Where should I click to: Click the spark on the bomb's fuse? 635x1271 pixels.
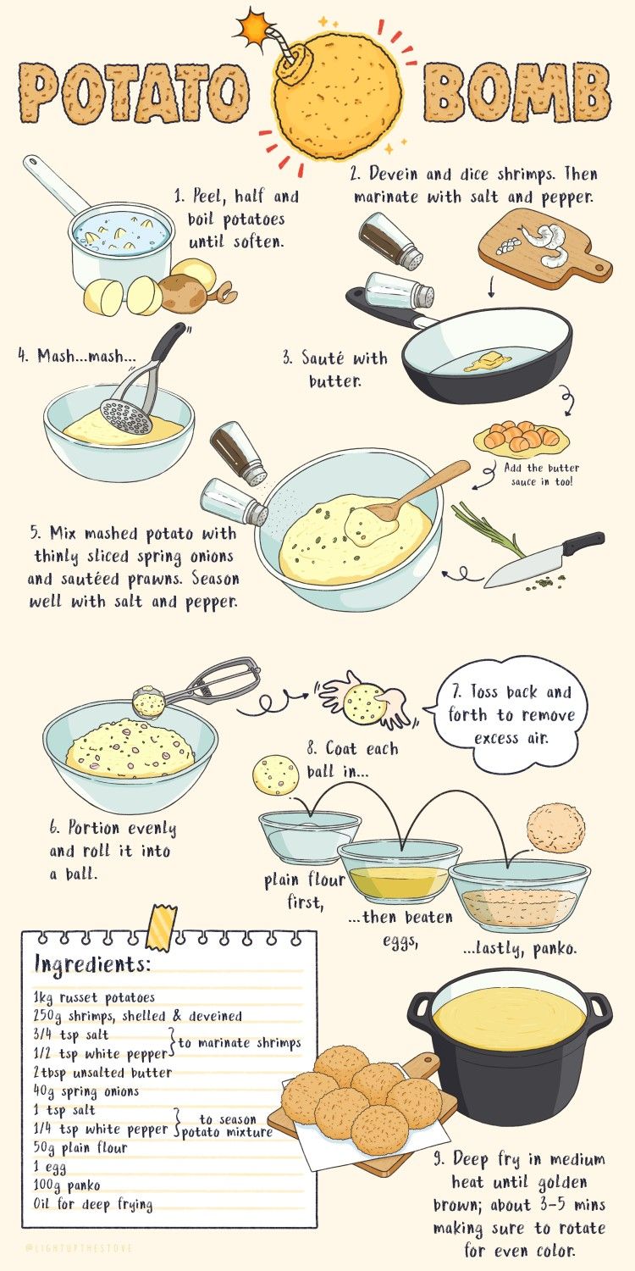(x=250, y=26)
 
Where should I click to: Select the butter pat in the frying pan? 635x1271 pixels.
(x=489, y=362)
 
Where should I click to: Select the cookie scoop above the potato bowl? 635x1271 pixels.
(x=196, y=687)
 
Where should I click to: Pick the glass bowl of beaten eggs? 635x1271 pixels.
(x=400, y=870)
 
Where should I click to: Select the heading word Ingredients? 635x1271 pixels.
(x=93, y=964)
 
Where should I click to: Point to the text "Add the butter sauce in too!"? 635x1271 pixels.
(x=542, y=475)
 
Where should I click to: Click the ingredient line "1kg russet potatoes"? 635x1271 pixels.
(x=93, y=997)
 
